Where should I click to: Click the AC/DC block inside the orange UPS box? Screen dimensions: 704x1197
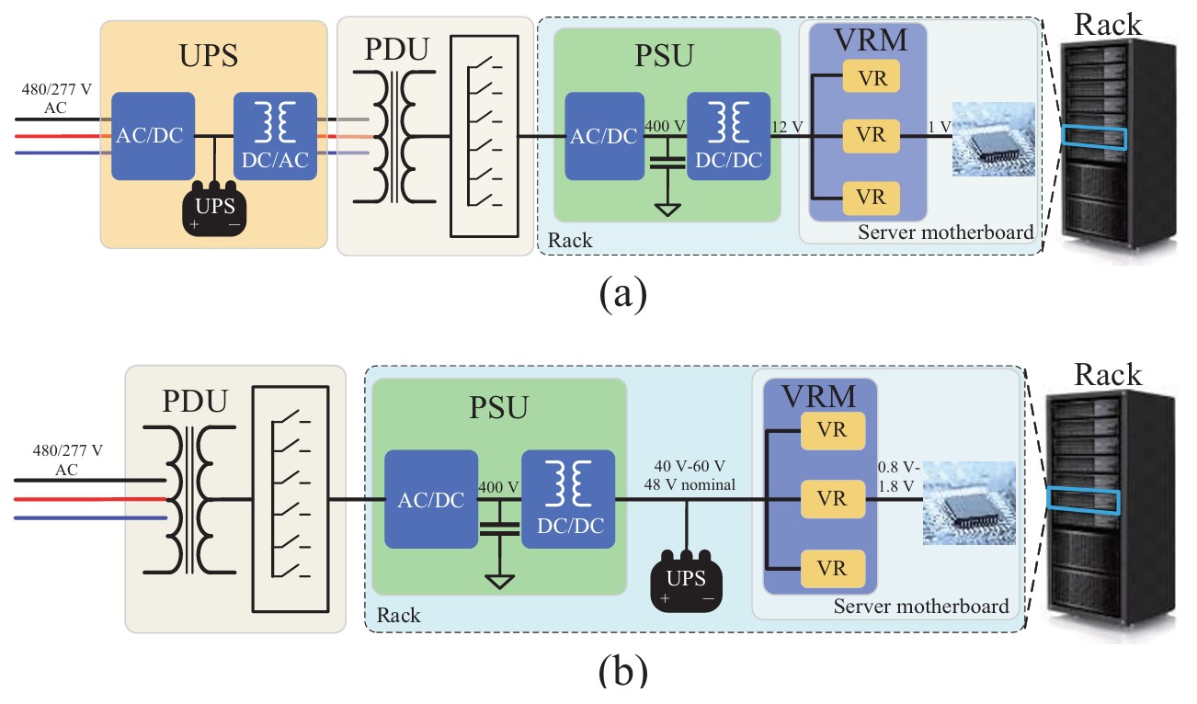pos(153,136)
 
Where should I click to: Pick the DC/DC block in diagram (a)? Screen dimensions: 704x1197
pos(728,136)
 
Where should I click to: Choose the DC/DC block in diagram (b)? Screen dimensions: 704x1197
pos(567,499)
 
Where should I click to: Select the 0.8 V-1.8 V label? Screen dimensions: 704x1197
pos(895,475)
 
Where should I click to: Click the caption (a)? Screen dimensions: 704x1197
pos(622,294)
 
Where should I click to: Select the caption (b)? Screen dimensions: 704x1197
pos(622,672)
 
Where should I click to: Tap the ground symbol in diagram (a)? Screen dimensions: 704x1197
pos(668,209)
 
